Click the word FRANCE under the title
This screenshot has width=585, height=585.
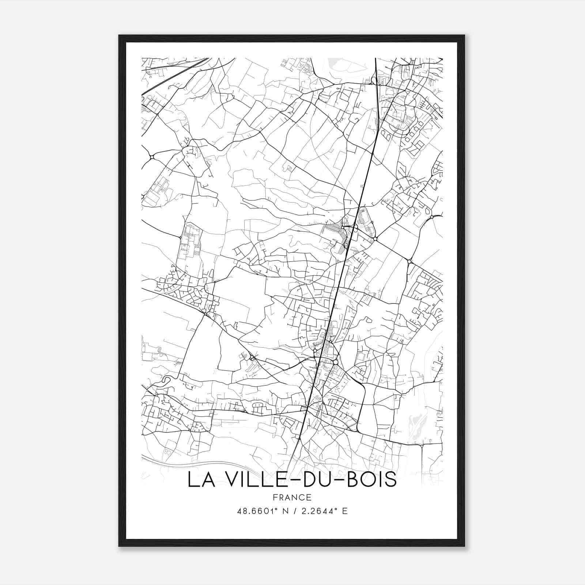coord(292,498)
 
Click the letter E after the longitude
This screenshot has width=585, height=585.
coord(344,511)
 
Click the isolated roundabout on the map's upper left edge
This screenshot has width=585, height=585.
coord(151,157)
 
